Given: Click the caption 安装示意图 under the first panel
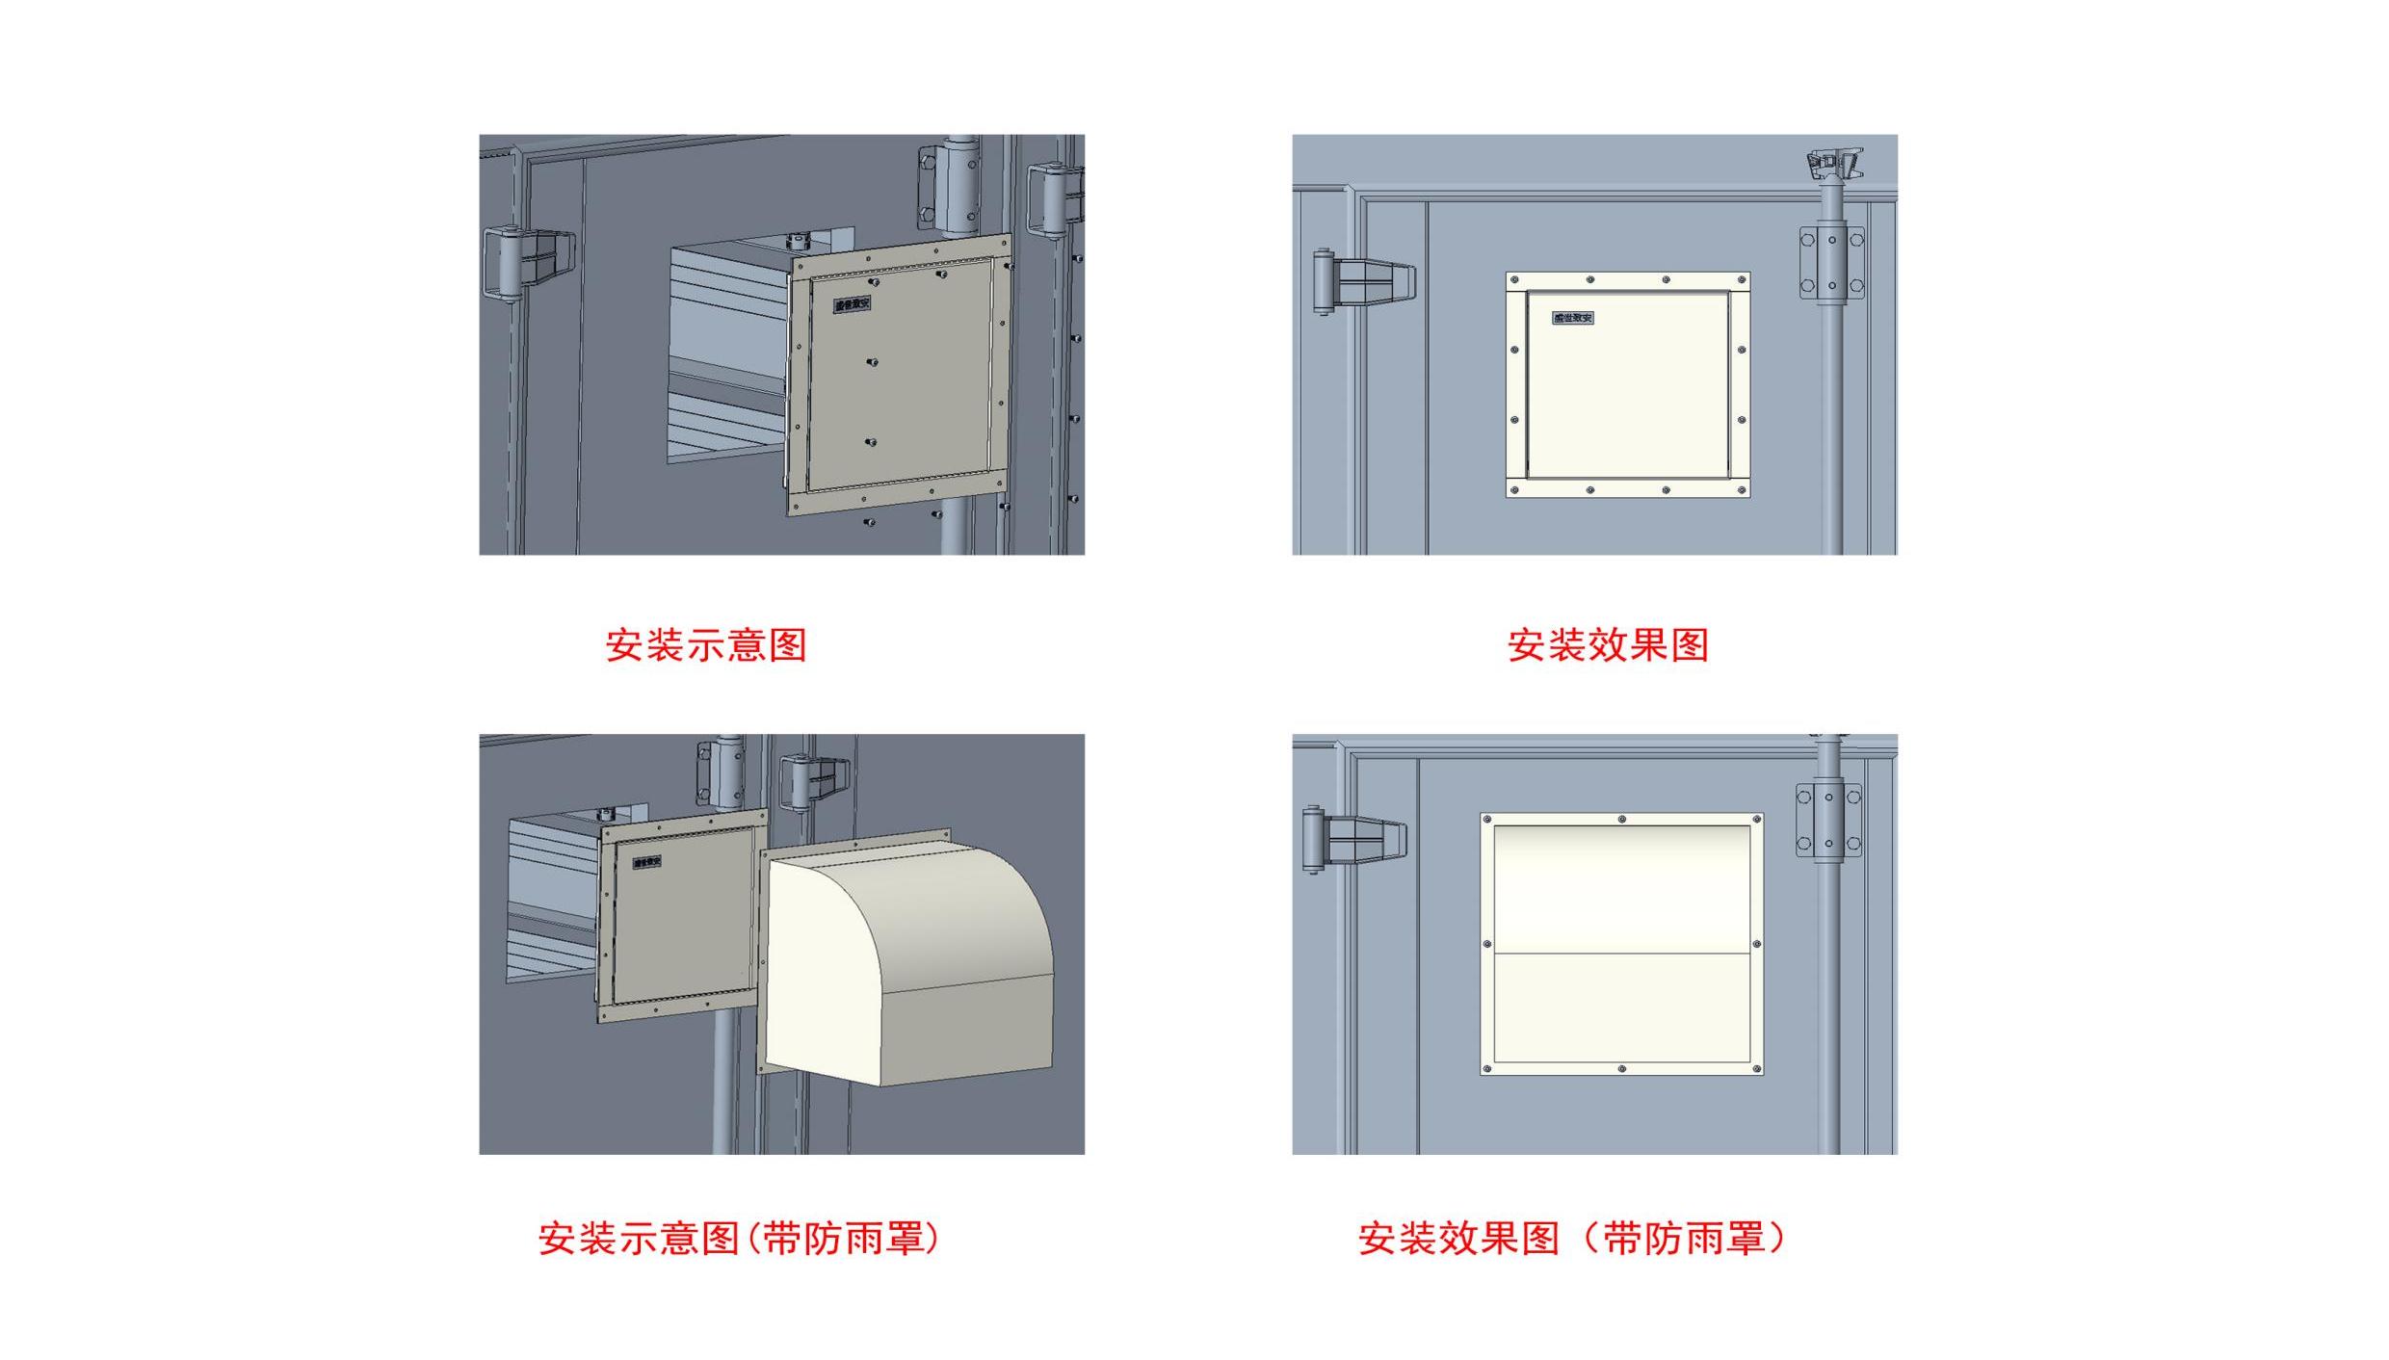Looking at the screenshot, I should click(x=705, y=645).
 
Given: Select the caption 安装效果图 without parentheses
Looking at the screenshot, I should click(x=1608, y=645).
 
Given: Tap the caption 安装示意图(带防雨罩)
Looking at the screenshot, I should click(x=738, y=1239).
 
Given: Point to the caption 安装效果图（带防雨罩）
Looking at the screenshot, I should click(x=1572, y=1239).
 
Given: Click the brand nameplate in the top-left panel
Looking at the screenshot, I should click(x=853, y=304).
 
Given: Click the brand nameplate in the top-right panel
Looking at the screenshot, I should click(x=1573, y=318).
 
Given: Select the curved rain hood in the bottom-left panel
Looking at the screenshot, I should click(x=906, y=963).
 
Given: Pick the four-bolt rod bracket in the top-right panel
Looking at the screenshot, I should click(x=1831, y=263).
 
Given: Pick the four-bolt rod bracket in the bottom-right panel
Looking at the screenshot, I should click(x=1828, y=822).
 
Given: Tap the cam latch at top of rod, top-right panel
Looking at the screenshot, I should click(x=1834, y=164).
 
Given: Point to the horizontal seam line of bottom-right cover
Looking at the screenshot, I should click(x=1621, y=954).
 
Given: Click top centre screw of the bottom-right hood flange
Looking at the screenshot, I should click(x=1622, y=820).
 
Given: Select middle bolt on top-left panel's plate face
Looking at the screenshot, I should click(x=872, y=362).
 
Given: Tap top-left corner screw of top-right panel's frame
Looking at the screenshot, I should click(x=1515, y=280).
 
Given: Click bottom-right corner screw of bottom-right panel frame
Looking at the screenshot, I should click(x=1756, y=1068).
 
